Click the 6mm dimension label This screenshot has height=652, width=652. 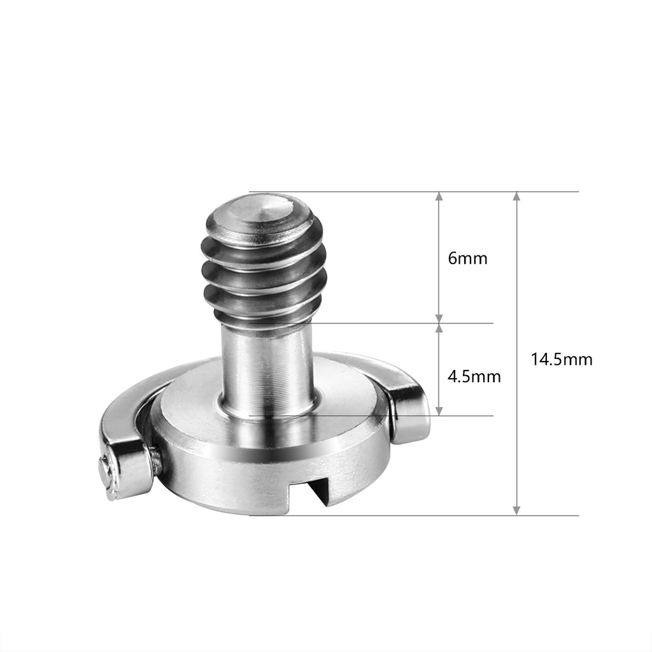click(467, 259)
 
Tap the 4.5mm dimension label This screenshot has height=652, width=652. click(474, 376)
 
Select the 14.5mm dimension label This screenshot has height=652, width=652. click(562, 359)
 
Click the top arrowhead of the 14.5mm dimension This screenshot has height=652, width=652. click(516, 197)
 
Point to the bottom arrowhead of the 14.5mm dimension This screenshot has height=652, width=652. click(516, 511)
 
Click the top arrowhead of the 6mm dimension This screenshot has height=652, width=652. click(439, 197)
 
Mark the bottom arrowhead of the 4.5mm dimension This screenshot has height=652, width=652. click(439, 411)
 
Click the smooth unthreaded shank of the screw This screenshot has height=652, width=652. click(266, 366)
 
